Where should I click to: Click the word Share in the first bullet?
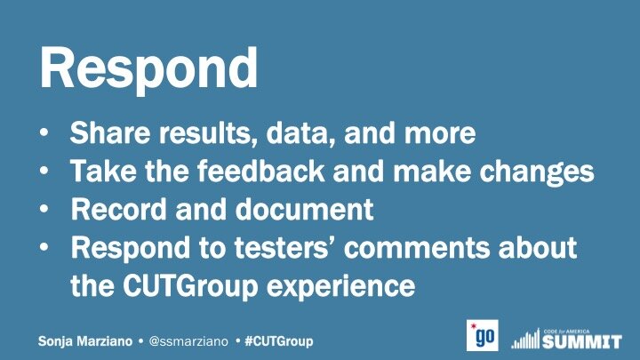(110, 132)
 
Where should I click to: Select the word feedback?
(261, 170)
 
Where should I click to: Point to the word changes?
(536, 172)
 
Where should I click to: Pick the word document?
(305, 209)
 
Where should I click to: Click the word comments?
(416, 248)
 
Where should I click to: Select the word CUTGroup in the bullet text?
(190, 286)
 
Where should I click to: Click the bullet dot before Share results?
(44, 133)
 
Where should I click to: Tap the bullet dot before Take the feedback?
(44, 171)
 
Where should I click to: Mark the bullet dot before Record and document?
(44, 209)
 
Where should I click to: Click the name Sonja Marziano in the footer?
(85, 341)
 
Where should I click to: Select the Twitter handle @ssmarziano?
(188, 341)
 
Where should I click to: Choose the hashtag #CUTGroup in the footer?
(279, 341)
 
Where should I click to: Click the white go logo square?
(483, 335)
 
